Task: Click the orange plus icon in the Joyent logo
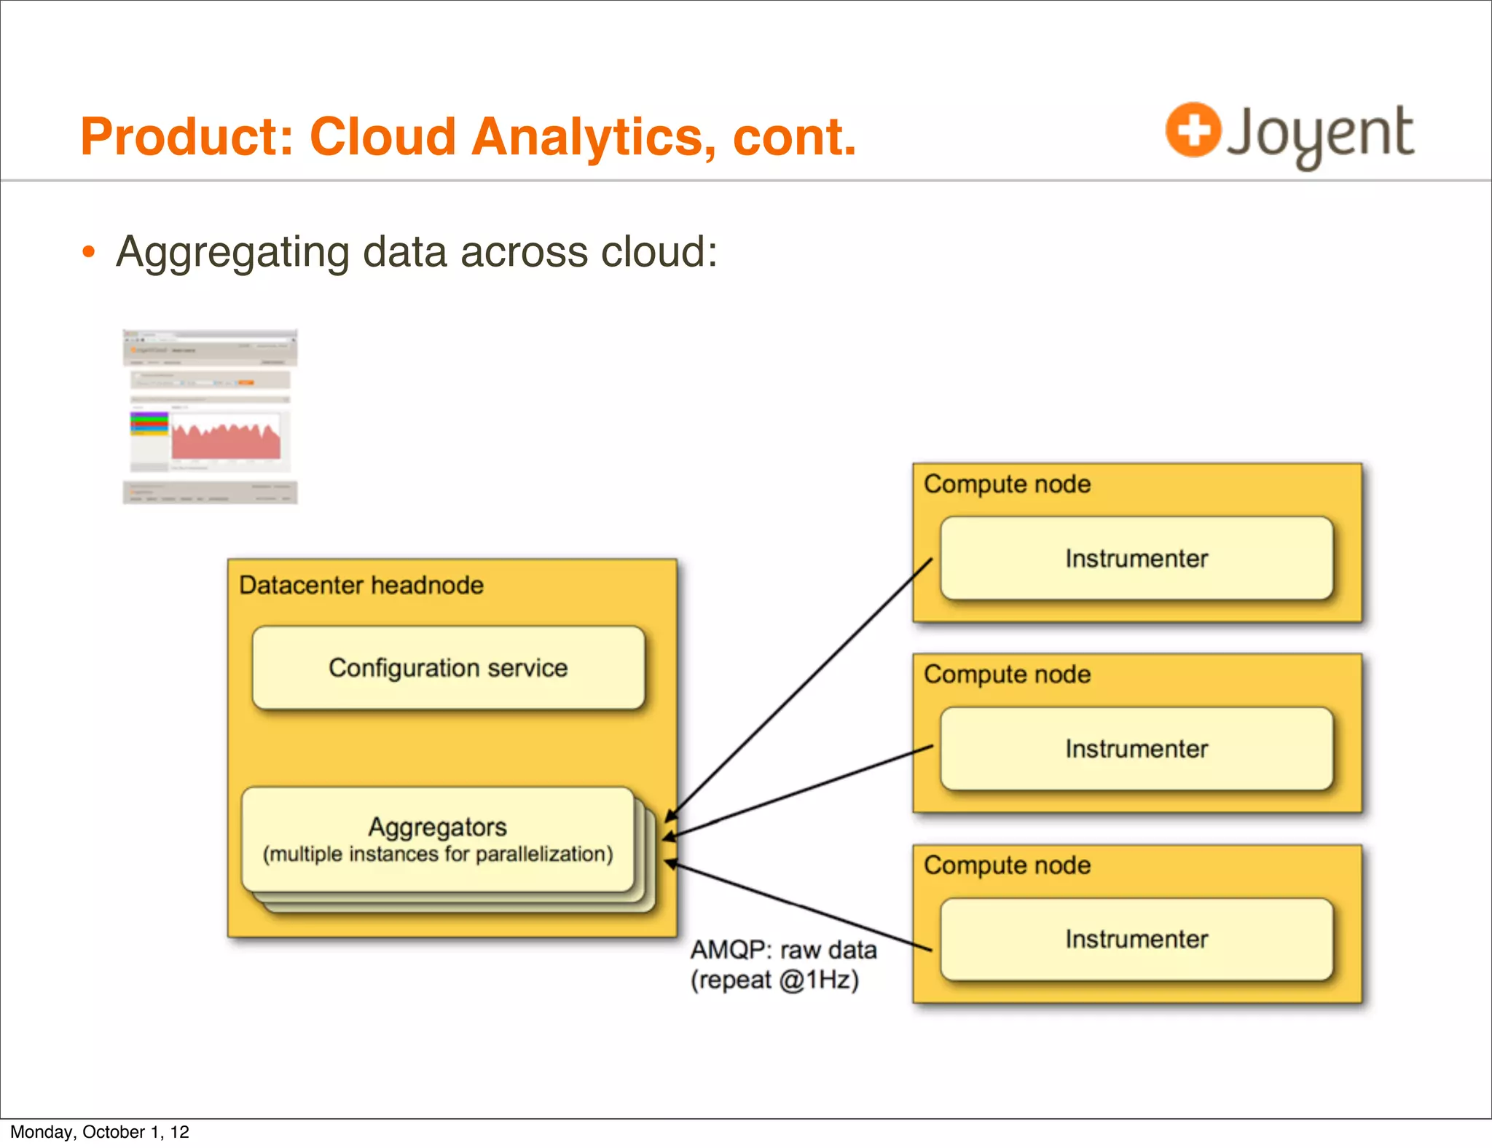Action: [x=1193, y=130]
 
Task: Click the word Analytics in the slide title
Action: [x=592, y=137]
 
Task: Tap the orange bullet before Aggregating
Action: [x=89, y=252]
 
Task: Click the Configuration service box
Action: [x=448, y=668]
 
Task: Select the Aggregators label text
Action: [x=437, y=827]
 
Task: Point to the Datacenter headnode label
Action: [x=361, y=585]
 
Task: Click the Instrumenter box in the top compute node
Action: [x=1136, y=559]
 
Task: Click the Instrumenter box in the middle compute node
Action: [x=1136, y=749]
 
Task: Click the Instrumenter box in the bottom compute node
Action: [x=1136, y=939]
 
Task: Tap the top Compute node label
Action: [x=1007, y=484]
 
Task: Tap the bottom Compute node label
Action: [x=1007, y=865]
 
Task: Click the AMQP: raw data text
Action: [x=783, y=950]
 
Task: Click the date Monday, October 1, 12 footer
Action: [x=100, y=1132]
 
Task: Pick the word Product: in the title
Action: [x=186, y=137]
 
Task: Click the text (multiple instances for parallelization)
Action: [x=438, y=854]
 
